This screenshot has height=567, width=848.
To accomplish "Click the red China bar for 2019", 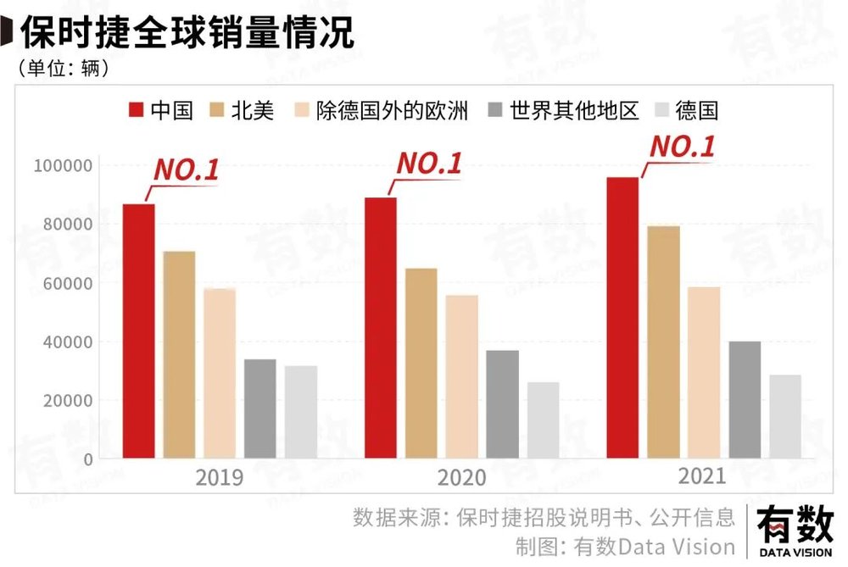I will pos(139,331).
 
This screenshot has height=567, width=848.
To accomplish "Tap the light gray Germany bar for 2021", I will pos(785,416).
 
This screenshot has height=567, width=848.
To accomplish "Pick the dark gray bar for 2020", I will pos(503,404).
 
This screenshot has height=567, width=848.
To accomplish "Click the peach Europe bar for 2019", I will pos(220,373).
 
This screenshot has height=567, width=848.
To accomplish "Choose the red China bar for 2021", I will pos(622,318).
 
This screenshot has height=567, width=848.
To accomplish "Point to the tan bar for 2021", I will pos(663,342).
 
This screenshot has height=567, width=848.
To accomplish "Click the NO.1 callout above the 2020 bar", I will pos(429,164).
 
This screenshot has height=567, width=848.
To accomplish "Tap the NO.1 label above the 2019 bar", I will pos(186,169).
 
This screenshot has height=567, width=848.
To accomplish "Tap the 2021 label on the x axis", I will pos(702,476).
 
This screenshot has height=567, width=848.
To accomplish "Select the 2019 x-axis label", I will pos(220,478).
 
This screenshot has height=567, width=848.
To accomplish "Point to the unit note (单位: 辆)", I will pos(64,68).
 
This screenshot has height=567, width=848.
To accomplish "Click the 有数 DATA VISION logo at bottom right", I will pos(795,532).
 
